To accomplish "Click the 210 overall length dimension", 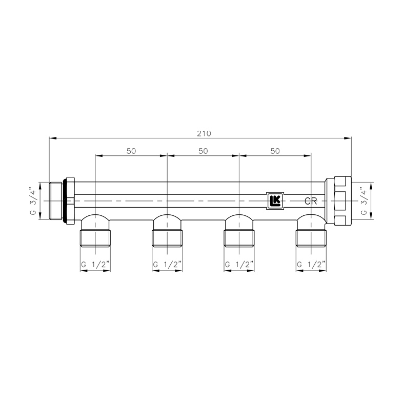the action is [x=204, y=134].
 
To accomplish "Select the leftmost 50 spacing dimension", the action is [x=131, y=151].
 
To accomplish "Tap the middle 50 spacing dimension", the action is [x=203, y=151].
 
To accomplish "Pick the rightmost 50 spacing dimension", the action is [x=275, y=151].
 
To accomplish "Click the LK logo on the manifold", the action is [x=275, y=200].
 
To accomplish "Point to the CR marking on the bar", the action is [x=311, y=201].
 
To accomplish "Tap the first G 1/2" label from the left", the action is [x=95, y=265].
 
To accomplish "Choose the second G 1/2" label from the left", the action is [x=167, y=265].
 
